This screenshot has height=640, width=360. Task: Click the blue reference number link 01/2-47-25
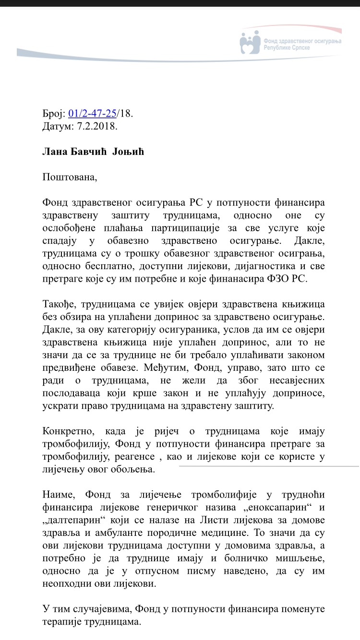[x=93, y=114]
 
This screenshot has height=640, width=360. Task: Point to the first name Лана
[x=54, y=152]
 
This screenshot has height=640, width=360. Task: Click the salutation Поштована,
[x=70, y=177]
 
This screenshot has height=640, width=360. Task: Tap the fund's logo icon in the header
[x=250, y=43]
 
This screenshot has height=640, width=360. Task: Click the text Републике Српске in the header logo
[x=287, y=48]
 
